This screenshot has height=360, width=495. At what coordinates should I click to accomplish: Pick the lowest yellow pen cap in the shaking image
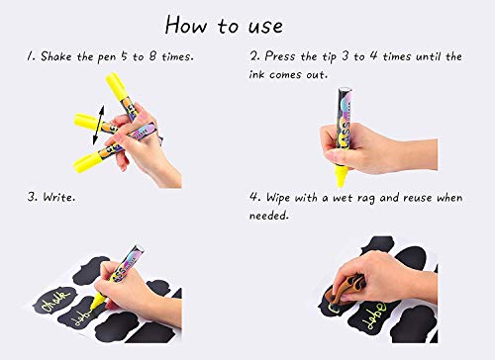tap(87, 159)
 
